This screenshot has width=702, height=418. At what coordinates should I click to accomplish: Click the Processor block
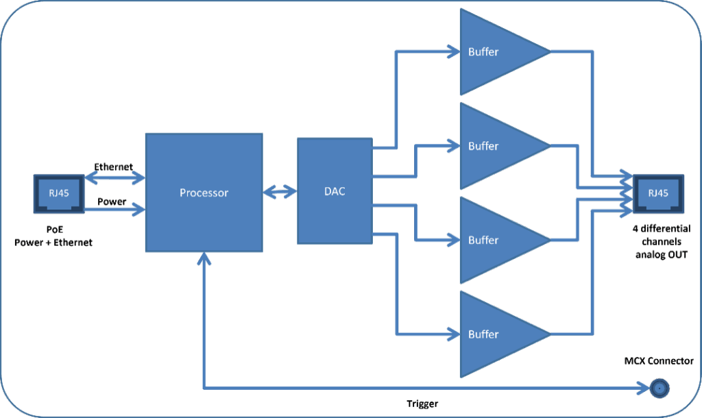[x=204, y=193]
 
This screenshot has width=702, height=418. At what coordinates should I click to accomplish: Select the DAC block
[x=334, y=191]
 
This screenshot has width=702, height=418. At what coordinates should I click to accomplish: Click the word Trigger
[x=422, y=404]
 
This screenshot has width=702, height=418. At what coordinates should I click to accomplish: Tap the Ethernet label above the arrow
[x=114, y=167]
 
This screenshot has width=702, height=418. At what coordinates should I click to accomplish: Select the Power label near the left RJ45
[x=111, y=202]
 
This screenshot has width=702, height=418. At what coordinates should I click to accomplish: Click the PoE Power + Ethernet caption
[x=53, y=236]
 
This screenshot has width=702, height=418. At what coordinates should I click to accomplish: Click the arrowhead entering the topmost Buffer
[x=453, y=50]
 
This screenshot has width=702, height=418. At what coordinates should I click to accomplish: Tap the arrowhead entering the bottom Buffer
[x=453, y=334]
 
